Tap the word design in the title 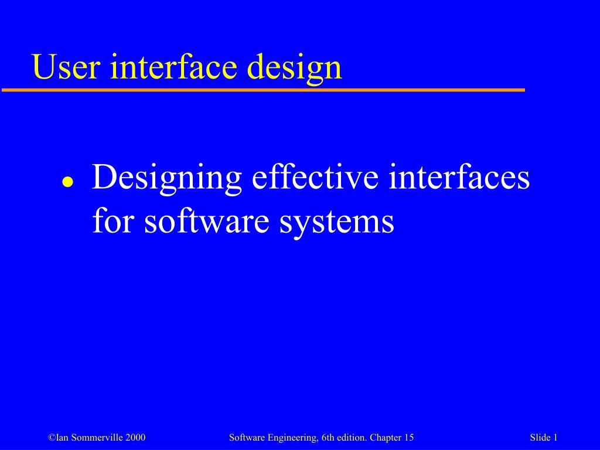[294, 69]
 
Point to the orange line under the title [263, 90]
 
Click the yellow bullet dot [68, 182]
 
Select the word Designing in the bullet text [167, 180]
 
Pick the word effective [315, 176]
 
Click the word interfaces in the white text [459, 176]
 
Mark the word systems [337, 224]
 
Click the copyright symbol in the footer [52, 438]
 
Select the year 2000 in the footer [135, 437]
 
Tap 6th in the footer [329, 437]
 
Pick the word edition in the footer [352, 437]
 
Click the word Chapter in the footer [383, 438]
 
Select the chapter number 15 [409, 437]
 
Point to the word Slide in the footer [540, 437]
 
